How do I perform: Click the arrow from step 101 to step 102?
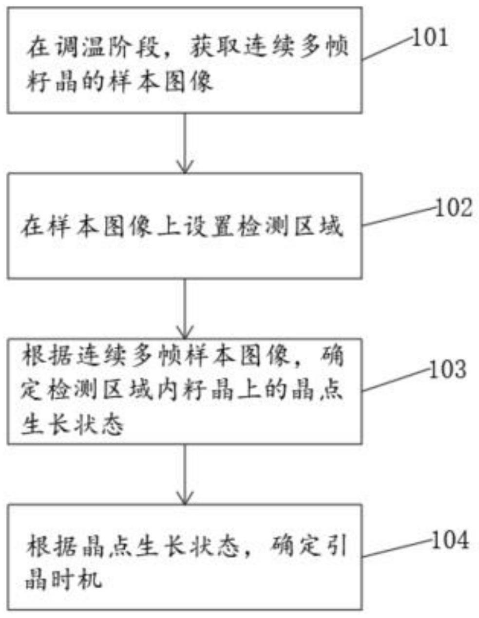tap(185, 143)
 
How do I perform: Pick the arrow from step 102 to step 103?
tap(185, 309)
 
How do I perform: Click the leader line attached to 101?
tap(387, 49)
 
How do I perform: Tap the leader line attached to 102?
tap(399, 217)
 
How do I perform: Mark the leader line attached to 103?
tap(396, 380)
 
